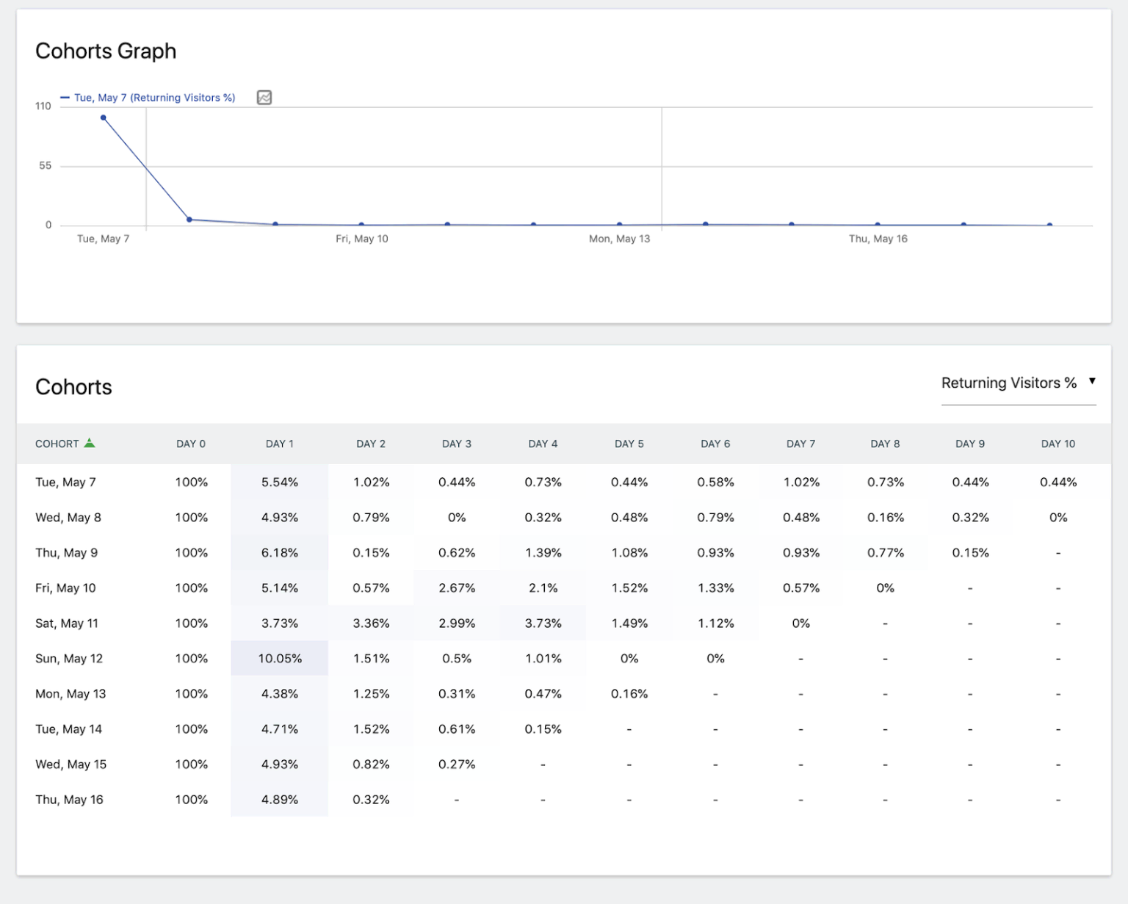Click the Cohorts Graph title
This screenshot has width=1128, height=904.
(106, 51)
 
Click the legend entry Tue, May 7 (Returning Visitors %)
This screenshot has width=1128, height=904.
(154, 98)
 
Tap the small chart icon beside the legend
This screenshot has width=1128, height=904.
(264, 98)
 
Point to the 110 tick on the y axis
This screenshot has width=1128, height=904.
(43, 106)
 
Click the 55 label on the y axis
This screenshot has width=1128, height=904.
(46, 166)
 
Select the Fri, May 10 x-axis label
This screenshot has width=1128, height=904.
(362, 239)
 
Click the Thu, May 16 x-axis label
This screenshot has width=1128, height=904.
(878, 239)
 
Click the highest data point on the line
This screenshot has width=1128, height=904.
(104, 117)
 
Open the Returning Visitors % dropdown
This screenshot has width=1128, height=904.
(1018, 383)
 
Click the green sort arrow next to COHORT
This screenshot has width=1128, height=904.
(90, 443)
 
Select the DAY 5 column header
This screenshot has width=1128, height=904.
(629, 444)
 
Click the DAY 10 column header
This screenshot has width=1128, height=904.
(1058, 444)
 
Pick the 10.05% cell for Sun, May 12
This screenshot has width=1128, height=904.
(280, 659)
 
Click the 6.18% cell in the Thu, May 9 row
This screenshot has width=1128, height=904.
(280, 553)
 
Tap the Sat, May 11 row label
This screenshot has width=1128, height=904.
(67, 623)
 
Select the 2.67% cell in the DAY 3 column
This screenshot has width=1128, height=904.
(457, 588)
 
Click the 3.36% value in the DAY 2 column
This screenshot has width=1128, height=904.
(371, 623)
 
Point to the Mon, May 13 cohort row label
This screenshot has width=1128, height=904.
(70, 694)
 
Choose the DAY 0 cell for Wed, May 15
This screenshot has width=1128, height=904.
(192, 764)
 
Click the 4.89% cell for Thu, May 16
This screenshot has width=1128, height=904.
(280, 800)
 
